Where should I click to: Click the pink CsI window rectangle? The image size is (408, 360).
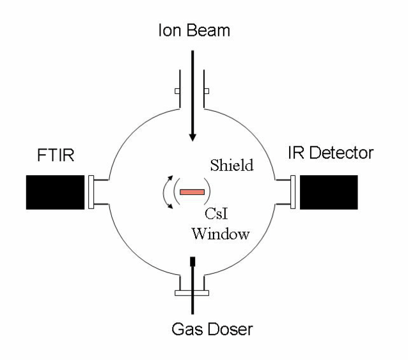tap(192, 192)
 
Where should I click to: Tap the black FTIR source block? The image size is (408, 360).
tap(55, 192)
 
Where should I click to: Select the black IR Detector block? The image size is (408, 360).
tap(329, 192)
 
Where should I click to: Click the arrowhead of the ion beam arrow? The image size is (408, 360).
tap(192, 137)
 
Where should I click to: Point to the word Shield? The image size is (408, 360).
tap(231, 165)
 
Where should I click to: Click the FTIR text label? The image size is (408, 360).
tap(56, 155)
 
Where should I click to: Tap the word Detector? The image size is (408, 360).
tap(341, 153)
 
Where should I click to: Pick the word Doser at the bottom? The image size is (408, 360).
tap(230, 329)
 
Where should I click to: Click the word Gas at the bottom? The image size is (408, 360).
tap(187, 329)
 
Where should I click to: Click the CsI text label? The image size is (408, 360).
tap(216, 214)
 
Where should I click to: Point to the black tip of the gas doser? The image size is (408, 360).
tap(192, 262)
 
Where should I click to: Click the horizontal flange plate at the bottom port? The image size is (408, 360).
tap(192, 293)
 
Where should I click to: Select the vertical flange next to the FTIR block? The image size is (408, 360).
tap(91, 192)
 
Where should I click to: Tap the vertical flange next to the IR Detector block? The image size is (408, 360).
tap(293, 192)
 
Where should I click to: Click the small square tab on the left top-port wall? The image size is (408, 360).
tap(177, 91)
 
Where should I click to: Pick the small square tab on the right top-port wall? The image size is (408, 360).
tap(207, 91)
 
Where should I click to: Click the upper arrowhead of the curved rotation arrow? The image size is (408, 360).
tap(171, 178)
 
